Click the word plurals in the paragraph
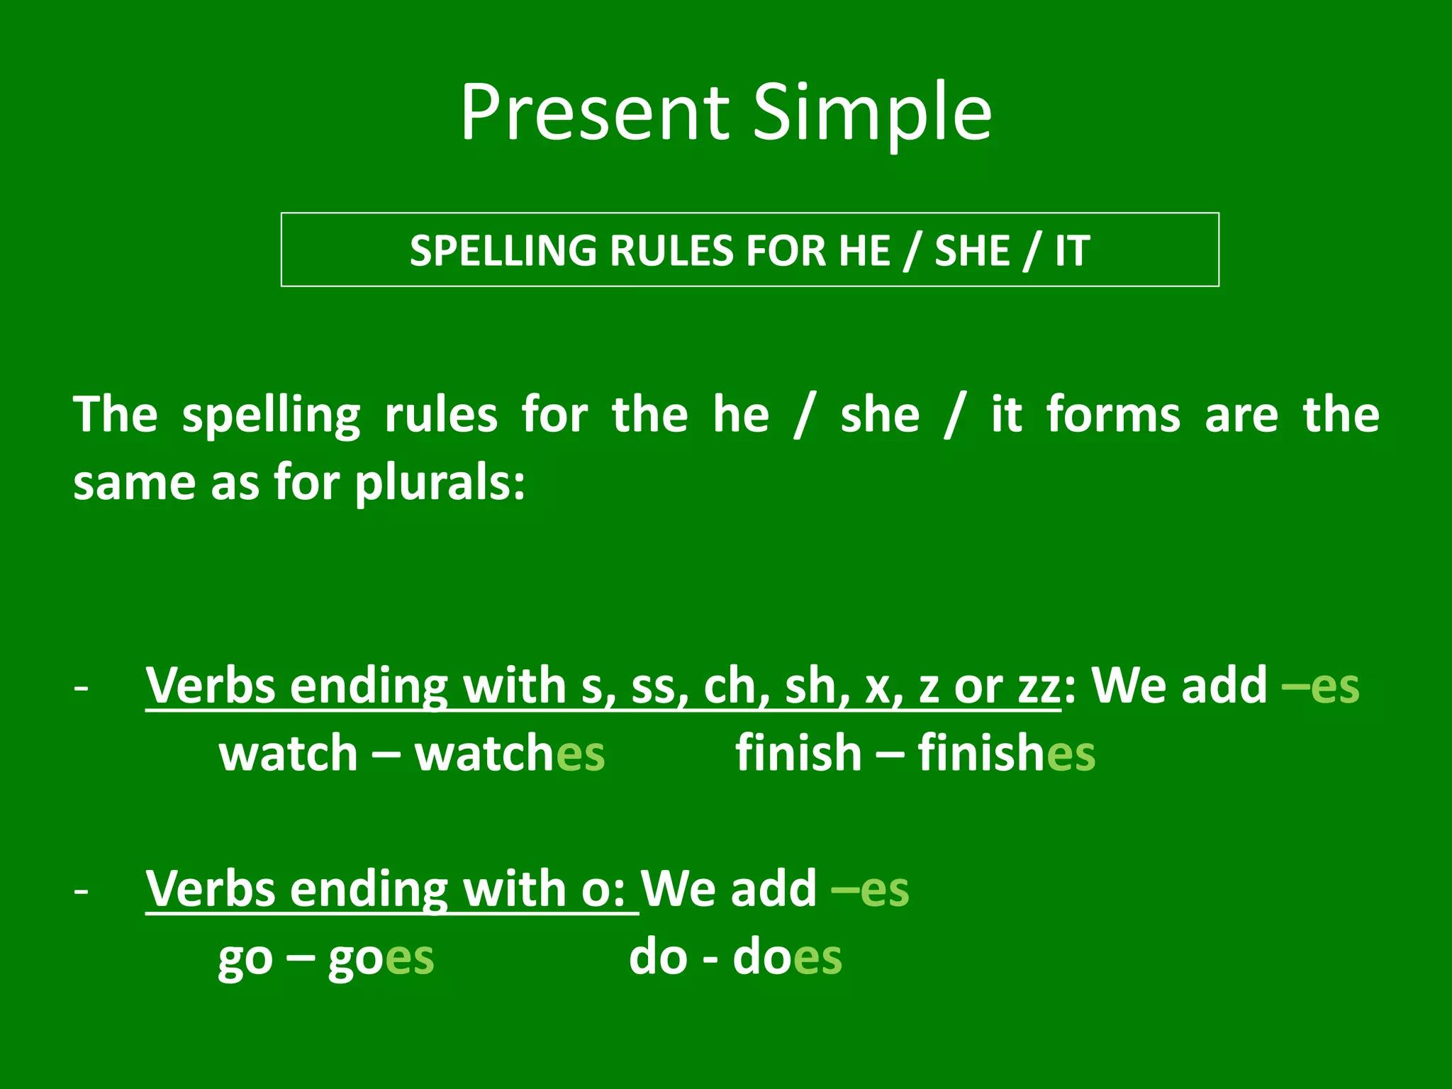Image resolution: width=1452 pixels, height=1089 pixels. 440,485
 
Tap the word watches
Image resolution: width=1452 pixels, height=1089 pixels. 510,753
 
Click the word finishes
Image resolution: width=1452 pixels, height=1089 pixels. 1007,753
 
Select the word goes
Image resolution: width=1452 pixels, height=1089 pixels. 381,959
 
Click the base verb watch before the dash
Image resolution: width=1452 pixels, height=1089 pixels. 288,753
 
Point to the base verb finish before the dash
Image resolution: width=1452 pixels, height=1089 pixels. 798,753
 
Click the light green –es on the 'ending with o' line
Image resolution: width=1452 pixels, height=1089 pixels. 870,889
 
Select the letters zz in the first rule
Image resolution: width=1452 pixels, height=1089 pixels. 1039,686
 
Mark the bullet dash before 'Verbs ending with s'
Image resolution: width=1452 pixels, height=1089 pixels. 82,688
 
